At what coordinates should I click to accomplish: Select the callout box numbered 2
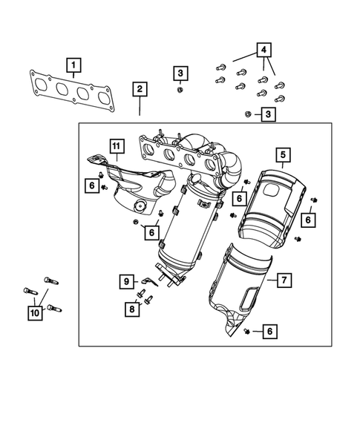140,90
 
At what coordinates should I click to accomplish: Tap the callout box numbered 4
264,51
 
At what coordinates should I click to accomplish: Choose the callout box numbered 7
282,280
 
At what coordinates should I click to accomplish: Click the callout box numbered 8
131,309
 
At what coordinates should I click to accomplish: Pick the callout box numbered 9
127,281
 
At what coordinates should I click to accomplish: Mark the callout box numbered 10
35,314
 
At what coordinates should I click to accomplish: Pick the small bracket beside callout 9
151,279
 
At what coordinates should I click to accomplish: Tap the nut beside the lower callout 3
248,114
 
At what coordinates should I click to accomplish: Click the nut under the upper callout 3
180,90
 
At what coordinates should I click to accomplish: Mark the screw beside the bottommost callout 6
246,331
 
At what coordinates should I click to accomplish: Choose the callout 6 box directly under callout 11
91,185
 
